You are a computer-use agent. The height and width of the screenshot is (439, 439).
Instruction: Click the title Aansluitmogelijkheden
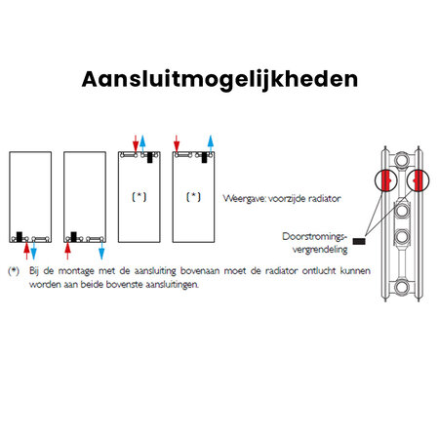click(219, 80)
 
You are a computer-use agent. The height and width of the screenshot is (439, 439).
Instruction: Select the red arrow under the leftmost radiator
click(26, 251)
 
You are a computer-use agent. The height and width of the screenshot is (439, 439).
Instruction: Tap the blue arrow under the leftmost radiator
click(33, 251)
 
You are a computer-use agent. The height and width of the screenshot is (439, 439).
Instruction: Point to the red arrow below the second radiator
click(67, 251)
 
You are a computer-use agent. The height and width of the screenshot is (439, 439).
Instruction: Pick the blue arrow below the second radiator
click(101, 251)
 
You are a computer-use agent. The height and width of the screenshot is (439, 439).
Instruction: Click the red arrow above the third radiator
click(136, 143)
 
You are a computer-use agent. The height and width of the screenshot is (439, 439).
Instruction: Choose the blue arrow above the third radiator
click(142, 143)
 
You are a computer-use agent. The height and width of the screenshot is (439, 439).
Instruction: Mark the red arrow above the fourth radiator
click(177, 143)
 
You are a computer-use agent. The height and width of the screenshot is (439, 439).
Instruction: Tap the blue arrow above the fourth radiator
click(211, 143)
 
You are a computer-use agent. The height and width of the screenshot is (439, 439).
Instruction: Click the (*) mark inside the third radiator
click(140, 197)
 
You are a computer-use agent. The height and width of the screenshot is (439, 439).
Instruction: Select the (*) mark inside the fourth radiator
click(193, 197)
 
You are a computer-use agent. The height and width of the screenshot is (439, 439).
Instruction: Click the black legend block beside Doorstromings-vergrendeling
click(359, 241)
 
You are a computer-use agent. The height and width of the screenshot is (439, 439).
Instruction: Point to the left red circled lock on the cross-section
click(386, 180)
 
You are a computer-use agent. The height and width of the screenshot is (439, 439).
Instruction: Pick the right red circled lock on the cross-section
click(418, 180)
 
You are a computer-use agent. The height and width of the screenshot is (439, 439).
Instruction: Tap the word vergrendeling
click(320, 250)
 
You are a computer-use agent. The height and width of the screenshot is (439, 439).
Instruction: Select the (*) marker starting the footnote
click(14, 271)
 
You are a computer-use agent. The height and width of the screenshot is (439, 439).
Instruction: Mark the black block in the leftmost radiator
click(20, 236)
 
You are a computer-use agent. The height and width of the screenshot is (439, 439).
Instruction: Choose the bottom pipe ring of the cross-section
click(402, 287)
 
